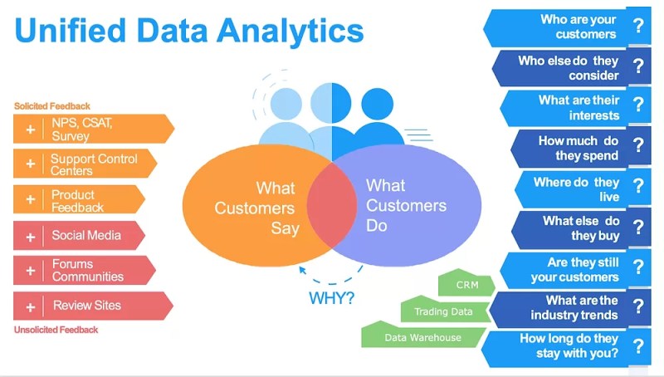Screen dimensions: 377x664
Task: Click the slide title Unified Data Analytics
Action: tap(189, 31)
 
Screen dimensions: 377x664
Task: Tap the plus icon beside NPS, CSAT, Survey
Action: tap(31, 130)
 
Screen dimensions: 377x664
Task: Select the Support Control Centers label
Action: tap(94, 164)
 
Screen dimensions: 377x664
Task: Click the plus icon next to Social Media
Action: tap(31, 237)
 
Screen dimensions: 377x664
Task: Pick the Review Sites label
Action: tap(86, 306)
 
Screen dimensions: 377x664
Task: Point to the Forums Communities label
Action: tap(87, 271)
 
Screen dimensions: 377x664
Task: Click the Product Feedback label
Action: tap(78, 200)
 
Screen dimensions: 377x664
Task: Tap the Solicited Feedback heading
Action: tap(52, 106)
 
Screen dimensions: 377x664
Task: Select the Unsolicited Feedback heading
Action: tap(56, 330)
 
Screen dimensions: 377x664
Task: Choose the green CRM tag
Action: tap(467, 285)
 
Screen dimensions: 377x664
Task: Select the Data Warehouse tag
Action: tap(422, 337)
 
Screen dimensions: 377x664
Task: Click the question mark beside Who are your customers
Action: tap(637, 26)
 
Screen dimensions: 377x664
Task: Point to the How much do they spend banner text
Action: tap(578, 148)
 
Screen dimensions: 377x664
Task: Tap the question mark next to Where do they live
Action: tap(637, 187)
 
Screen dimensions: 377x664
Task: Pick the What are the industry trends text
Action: tap(574, 307)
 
